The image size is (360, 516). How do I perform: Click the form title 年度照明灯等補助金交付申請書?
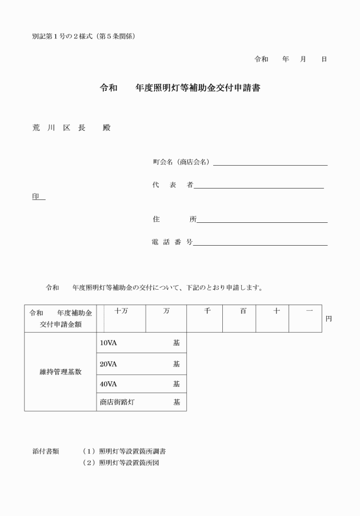coord(197,89)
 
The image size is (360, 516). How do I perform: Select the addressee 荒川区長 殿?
coord(71,127)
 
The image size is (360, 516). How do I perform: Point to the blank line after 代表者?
coord(259,187)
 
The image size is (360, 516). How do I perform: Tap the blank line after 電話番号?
coord(260,245)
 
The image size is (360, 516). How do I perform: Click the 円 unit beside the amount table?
coord(329,319)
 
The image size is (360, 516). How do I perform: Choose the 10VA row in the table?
coord(139,343)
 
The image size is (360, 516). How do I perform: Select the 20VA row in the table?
coord(139,363)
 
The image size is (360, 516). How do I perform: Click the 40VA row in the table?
coord(139,383)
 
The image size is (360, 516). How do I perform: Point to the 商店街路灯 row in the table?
coord(139,402)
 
